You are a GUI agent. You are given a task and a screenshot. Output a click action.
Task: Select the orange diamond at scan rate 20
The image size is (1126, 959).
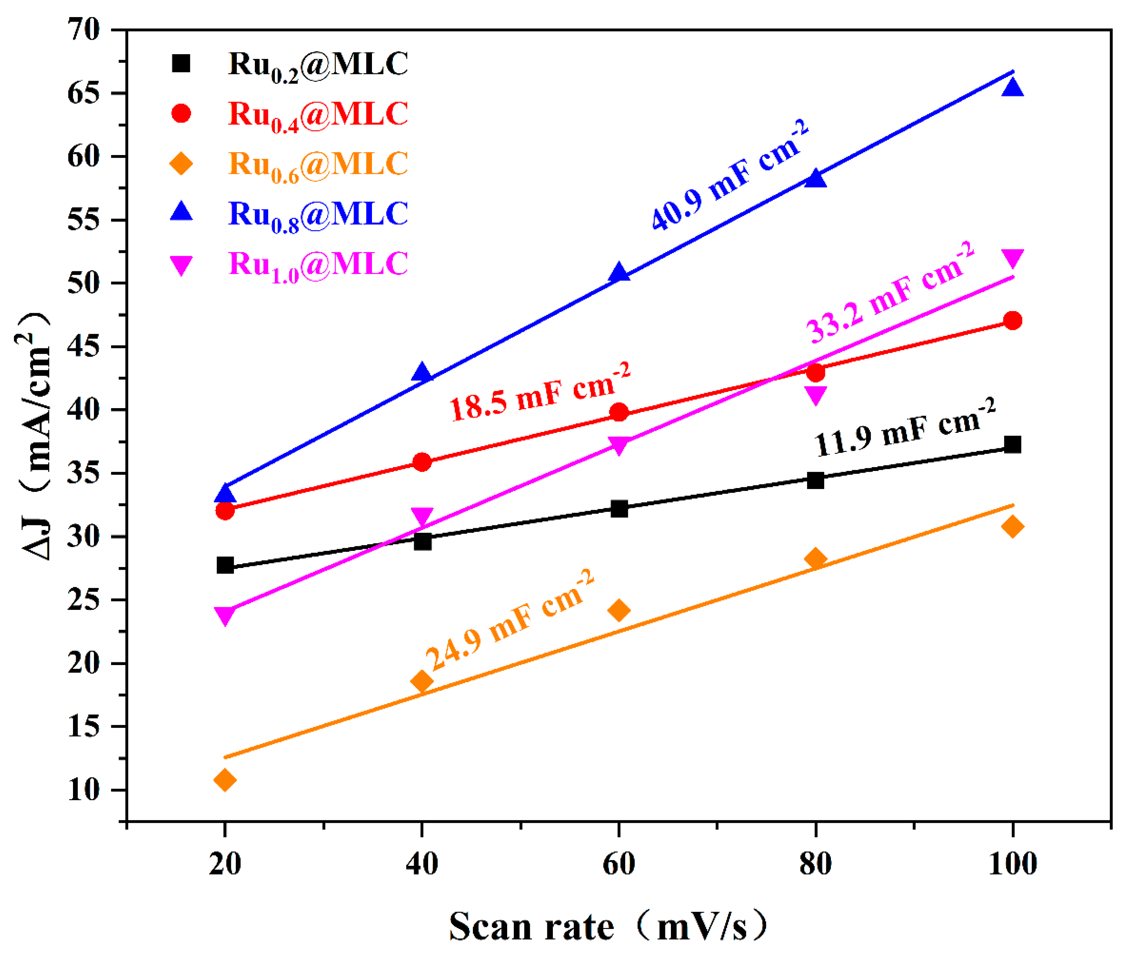[225, 780]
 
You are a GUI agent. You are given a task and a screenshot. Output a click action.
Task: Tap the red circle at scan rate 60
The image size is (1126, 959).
[619, 412]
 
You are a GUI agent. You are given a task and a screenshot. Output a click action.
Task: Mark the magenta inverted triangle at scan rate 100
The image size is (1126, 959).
[1012, 258]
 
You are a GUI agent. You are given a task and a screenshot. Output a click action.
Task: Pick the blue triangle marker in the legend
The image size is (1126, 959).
[181, 211]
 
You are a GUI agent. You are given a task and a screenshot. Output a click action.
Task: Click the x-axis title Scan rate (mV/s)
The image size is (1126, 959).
[609, 927]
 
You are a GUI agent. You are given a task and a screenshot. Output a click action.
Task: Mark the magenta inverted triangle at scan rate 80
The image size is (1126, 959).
[815, 395]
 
